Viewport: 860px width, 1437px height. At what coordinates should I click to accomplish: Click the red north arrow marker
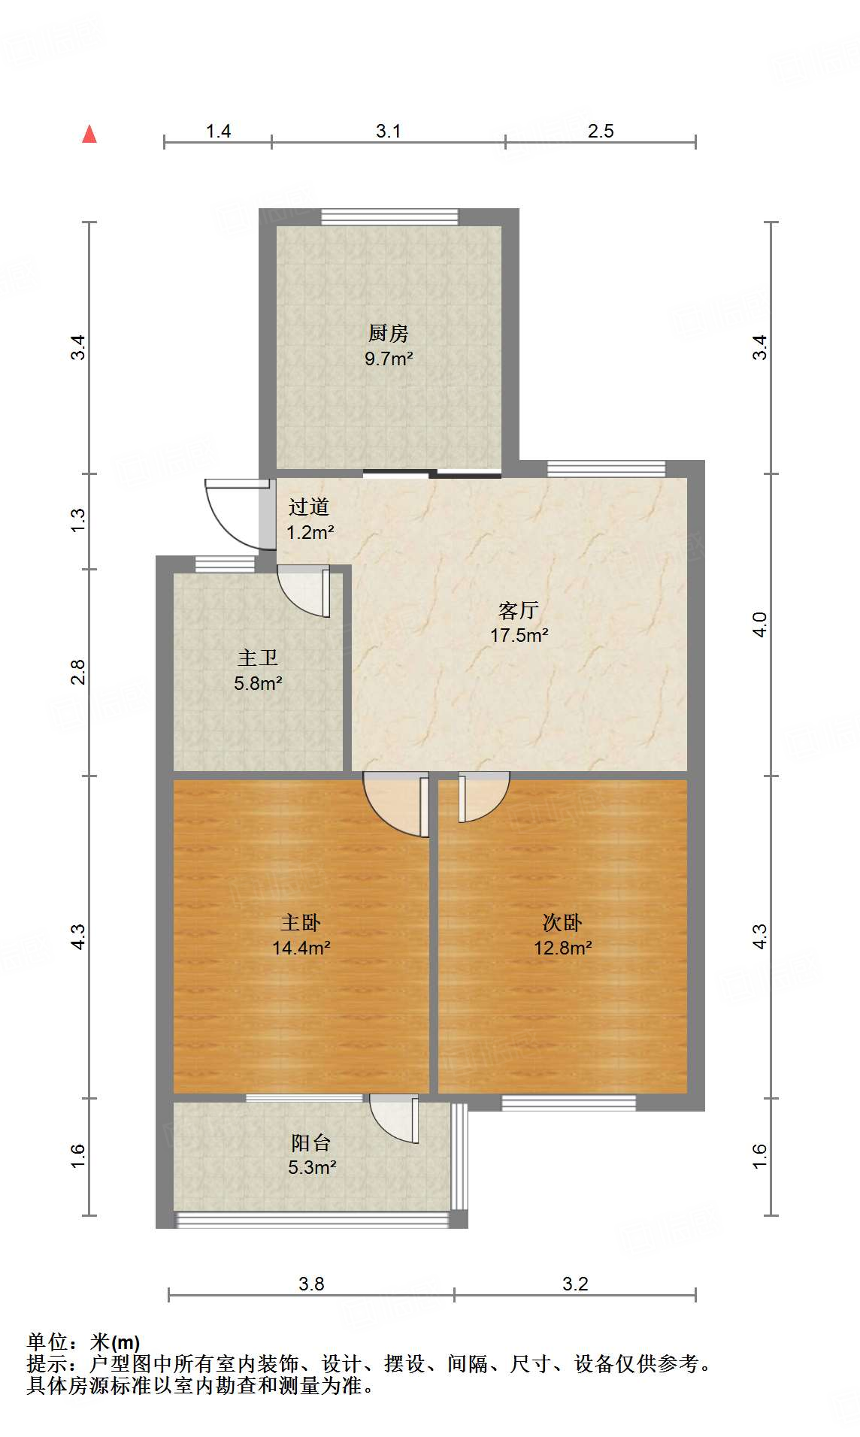pyautogui.click(x=89, y=134)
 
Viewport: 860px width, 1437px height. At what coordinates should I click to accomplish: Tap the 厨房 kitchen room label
pyautogui.click(x=388, y=333)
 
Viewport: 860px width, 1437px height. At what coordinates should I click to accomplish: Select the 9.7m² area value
pyautogui.click(x=389, y=358)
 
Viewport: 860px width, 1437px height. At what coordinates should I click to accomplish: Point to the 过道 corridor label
pyautogui.click(x=309, y=507)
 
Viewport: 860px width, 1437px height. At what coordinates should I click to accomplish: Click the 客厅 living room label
pyautogui.click(x=519, y=610)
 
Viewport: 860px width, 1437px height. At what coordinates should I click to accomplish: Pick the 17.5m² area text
pyautogui.click(x=519, y=635)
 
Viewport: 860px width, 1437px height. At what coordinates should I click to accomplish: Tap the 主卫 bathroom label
pyautogui.click(x=258, y=658)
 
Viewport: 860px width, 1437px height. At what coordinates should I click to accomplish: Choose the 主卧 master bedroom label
pyautogui.click(x=301, y=922)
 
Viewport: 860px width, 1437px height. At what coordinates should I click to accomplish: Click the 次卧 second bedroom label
pyautogui.click(x=562, y=922)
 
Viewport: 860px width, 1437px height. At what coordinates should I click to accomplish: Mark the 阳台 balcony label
pyautogui.click(x=311, y=1143)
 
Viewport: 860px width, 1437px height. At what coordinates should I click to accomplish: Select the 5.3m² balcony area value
pyautogui.click(x=311, y=1167)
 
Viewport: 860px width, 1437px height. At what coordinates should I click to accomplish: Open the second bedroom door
pyautogui.click(x=483, y=797)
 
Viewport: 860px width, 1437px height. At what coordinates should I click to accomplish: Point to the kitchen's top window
pyautogui.click(x=389, y=216)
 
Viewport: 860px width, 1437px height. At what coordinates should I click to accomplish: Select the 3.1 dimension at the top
pyautogui.click(x=388, y=131)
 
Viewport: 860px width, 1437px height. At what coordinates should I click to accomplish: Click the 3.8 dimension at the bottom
pyautogui.click(x=310, y=1283)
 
